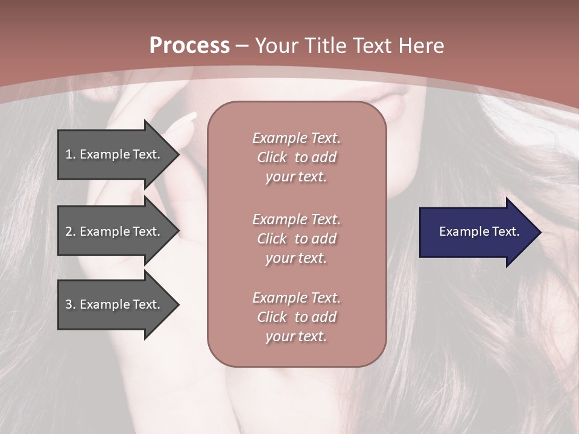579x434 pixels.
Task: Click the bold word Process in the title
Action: click(x=189, y=46)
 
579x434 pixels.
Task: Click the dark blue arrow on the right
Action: click(x=476, y=232)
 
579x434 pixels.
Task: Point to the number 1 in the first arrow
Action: click(x=69, y=154)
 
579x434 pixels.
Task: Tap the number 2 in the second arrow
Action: click(x=69, y=231)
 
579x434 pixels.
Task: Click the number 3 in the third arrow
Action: click(x=69, y=304)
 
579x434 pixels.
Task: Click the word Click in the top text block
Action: click(x=272, y=157)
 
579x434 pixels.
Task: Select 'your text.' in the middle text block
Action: click(x=296, y=258)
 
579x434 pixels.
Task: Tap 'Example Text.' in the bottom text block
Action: click(x=296, y=298)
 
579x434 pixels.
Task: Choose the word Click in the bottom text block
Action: click(x=272, y=317)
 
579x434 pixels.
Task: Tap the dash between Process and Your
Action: click(x=242, y=46)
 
